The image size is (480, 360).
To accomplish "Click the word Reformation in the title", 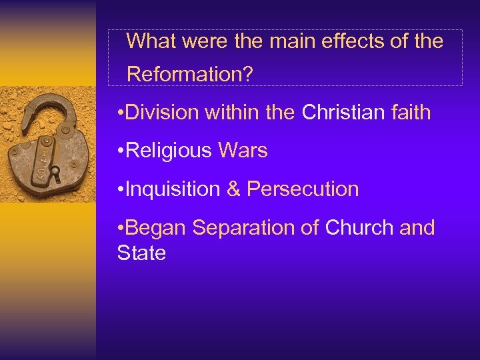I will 189,74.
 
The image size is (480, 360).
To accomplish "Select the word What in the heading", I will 153,41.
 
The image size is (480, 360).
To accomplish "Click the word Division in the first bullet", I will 163,113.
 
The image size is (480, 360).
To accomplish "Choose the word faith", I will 410,113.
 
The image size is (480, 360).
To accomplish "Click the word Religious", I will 168,151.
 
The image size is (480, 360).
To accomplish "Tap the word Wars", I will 243,151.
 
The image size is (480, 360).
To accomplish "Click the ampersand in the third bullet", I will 234,189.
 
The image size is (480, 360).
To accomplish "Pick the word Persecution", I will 303,189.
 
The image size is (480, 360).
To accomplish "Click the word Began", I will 156,228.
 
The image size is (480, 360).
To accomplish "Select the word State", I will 141,253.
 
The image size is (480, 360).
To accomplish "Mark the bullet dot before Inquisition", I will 119,190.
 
